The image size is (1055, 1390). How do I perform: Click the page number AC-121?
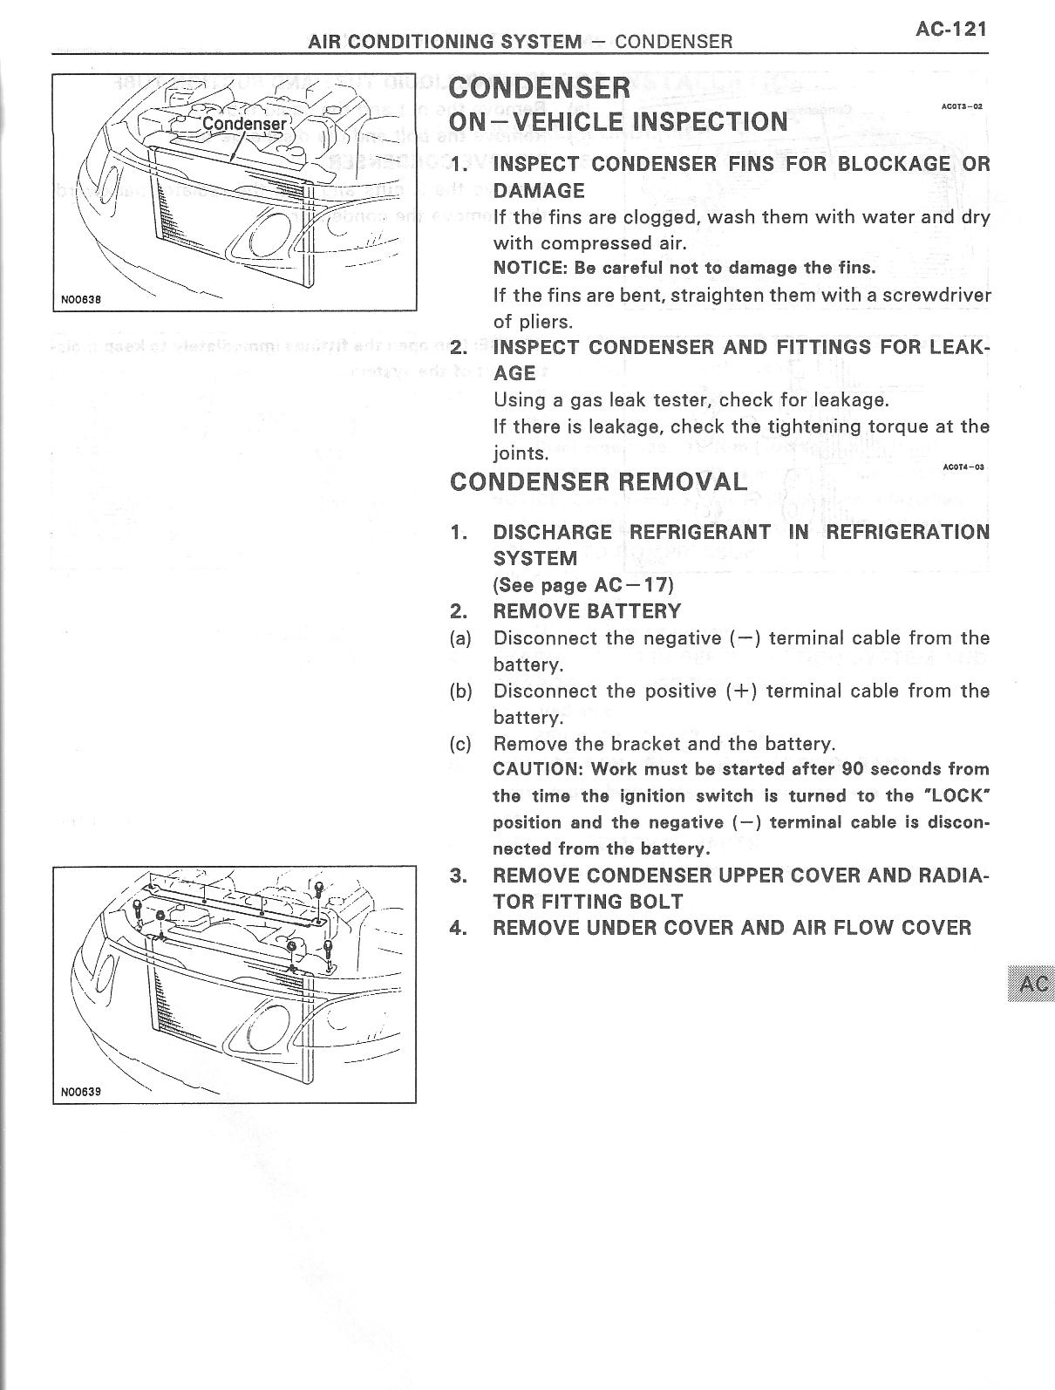950,29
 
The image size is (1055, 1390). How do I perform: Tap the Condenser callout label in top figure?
243,124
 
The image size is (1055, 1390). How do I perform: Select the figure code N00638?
81,299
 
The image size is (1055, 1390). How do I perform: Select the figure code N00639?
81,1091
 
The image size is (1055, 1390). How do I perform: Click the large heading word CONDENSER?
539,87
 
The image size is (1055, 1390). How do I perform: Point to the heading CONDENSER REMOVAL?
598,482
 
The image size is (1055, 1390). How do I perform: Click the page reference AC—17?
639,585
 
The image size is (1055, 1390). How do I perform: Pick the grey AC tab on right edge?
1031,984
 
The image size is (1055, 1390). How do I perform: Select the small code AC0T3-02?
962,106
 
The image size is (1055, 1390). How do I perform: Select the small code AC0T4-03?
963,467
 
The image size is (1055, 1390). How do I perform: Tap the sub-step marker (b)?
461,692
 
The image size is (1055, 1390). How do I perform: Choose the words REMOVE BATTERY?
587,611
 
